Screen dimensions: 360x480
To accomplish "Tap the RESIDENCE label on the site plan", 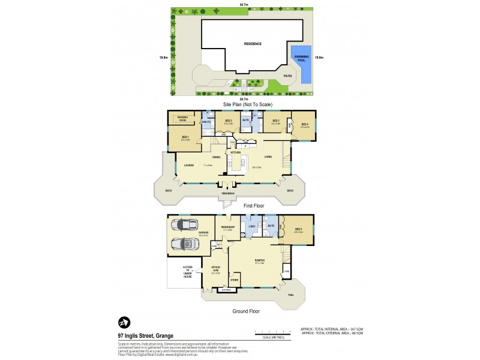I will (x=252, y=44).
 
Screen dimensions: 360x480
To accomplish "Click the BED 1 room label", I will (x=185, y=137).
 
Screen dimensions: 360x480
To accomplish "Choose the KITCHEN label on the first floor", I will (x=236, y=152).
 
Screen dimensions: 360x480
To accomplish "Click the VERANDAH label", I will (x=227, y=194).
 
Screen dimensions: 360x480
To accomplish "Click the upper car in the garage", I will (x=185, y=225).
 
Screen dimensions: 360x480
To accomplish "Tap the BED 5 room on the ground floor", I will (x=298, y=230).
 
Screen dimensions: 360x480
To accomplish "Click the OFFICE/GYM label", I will (x=217, y=269).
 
